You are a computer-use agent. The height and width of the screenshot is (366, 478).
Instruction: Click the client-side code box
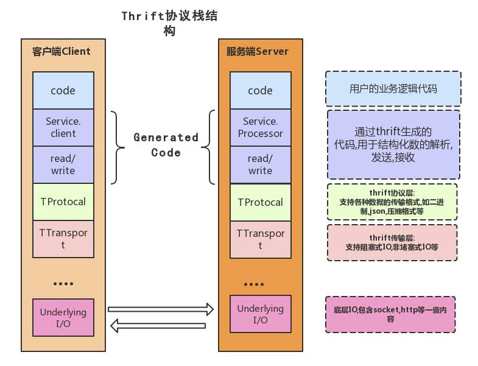(x=63, y=90)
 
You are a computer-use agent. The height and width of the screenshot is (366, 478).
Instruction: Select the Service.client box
(x=63, y=127)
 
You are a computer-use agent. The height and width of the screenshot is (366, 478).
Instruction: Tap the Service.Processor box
(x=261, y=127)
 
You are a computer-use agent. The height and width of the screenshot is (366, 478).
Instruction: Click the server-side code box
(x=261, y=90)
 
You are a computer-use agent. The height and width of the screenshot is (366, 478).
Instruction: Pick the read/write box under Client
(x=63, y=164)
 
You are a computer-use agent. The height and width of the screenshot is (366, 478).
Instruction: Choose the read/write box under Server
(x=261, y=164)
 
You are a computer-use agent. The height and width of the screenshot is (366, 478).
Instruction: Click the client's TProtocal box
(x=63, y=202)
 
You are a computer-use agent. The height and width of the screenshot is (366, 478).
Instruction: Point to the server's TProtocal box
(x=261, y=202)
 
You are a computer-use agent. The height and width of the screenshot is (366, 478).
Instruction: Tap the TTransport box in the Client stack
(x=63, y=239)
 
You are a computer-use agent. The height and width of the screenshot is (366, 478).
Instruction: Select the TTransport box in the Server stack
(x=261, y=239)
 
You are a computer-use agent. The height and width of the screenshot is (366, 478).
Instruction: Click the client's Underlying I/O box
(x=63, y=317)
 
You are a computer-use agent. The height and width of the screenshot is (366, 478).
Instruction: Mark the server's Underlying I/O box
(x=261, y=314)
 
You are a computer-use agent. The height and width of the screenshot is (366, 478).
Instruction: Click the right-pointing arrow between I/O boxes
(x=161, y=309)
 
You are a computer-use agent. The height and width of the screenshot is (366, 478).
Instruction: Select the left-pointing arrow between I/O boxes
(x=158, y=326)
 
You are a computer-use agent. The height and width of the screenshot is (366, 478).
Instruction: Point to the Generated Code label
(x=166, y=145)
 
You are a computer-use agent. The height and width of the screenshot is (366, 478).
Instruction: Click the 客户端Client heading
(x=62, y=51)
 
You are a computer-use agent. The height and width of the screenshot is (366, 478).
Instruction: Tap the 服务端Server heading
(x=258, y=51)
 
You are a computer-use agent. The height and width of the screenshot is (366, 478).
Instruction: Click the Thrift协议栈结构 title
(x=169, y=23)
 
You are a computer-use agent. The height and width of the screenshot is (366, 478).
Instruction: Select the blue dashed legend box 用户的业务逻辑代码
(x=393, y=89)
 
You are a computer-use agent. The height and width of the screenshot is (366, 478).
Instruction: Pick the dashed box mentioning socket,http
(x=390, y=314)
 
